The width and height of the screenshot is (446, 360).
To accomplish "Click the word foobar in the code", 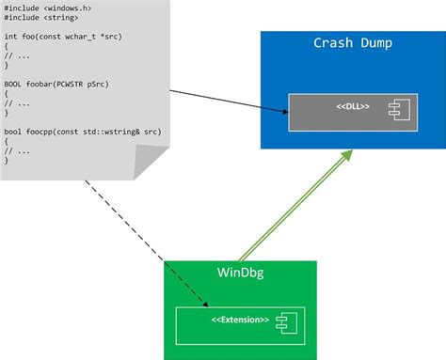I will pos(44,84).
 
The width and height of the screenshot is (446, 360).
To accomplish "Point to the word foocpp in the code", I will pos(44,133).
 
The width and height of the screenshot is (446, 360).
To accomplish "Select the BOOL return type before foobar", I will pos(13,84).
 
